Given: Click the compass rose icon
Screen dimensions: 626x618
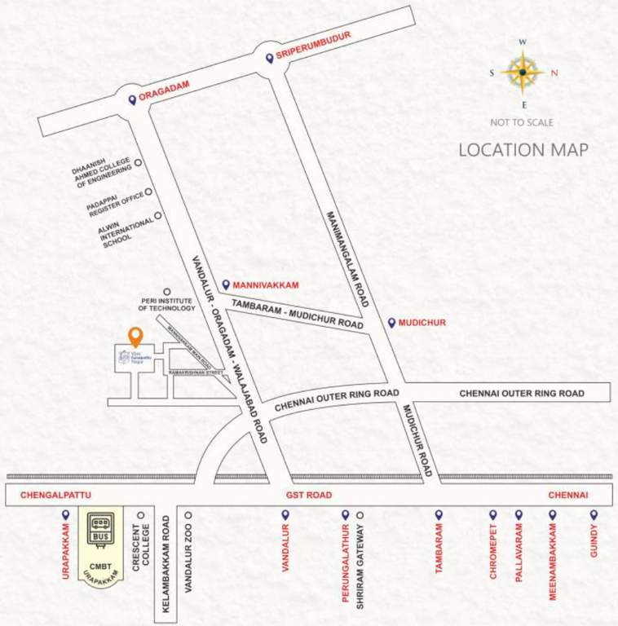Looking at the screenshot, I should pyautogui.click(x=523, y=73).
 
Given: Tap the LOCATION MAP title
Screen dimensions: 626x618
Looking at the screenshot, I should pyautogui.click(x=523, y=150).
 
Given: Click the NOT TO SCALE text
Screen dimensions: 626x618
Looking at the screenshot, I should pyautogui.click(x=522, y=122).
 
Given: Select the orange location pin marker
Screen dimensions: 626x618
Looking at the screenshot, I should pyautogui.click(x=135, y=336).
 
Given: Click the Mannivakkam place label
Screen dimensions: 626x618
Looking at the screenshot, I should pyautogui.click(x=266, y=285).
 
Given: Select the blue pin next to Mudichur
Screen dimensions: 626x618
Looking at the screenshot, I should pyautogui.click(x=391, y=323).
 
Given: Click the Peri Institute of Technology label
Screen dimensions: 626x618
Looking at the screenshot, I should pyautogui.click(x=166, y=305).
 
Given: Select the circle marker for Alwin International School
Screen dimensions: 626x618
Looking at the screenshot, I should pyautogui.click(x=157, y=216).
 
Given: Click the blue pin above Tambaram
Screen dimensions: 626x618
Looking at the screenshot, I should pyautogui.click(x=439, y=514).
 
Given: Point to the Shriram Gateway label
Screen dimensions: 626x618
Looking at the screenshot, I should pyautogui.click(x=360, y=562).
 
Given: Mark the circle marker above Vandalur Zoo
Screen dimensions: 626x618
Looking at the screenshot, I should pyautogui.click(x=188, y=515).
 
